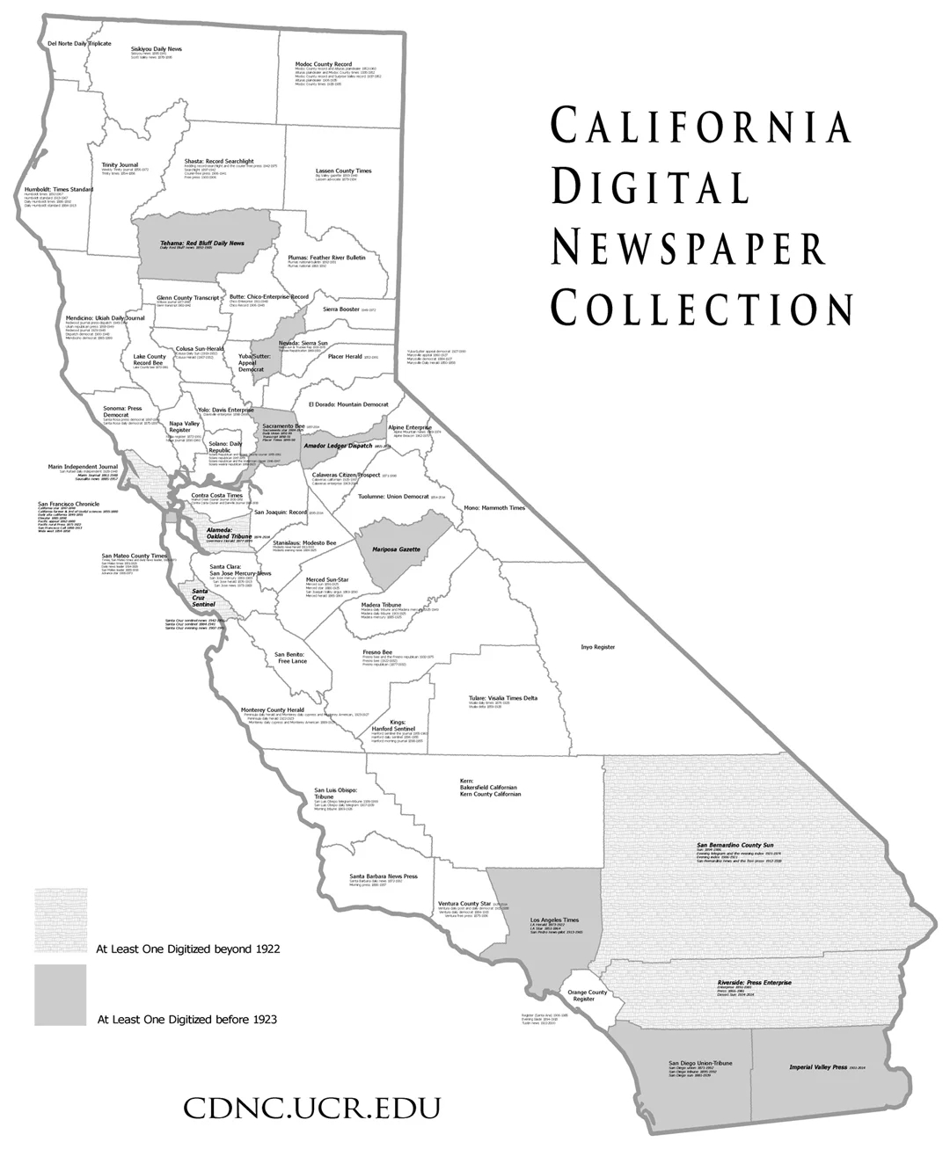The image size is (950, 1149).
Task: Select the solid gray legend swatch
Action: (x=61, y=994)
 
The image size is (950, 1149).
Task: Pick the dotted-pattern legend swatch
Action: (x=61, y=920)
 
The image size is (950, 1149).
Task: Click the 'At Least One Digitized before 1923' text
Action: (x=187, y=1020)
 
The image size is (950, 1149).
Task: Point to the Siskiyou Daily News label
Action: (x=157, y=48)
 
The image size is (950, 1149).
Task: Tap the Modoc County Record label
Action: (x=324, y=65)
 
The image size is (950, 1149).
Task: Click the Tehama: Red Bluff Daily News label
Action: (x=202, y=243)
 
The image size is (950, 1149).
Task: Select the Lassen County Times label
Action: (x=343, y=171)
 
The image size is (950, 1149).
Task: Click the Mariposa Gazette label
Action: (x=396, y=549)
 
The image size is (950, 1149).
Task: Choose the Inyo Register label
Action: (x=597, y=646)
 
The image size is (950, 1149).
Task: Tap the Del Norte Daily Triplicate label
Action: (x=79, y=43)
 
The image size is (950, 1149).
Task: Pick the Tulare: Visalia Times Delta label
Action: (x=502, y=698)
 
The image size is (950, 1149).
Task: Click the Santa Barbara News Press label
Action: (x=383, y=876)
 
